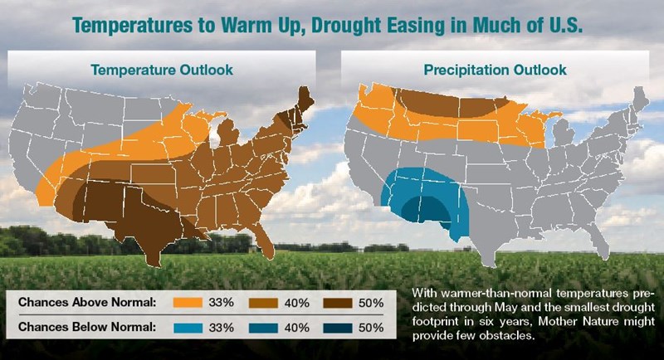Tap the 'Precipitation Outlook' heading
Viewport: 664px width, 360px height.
[x=496, y=70]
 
